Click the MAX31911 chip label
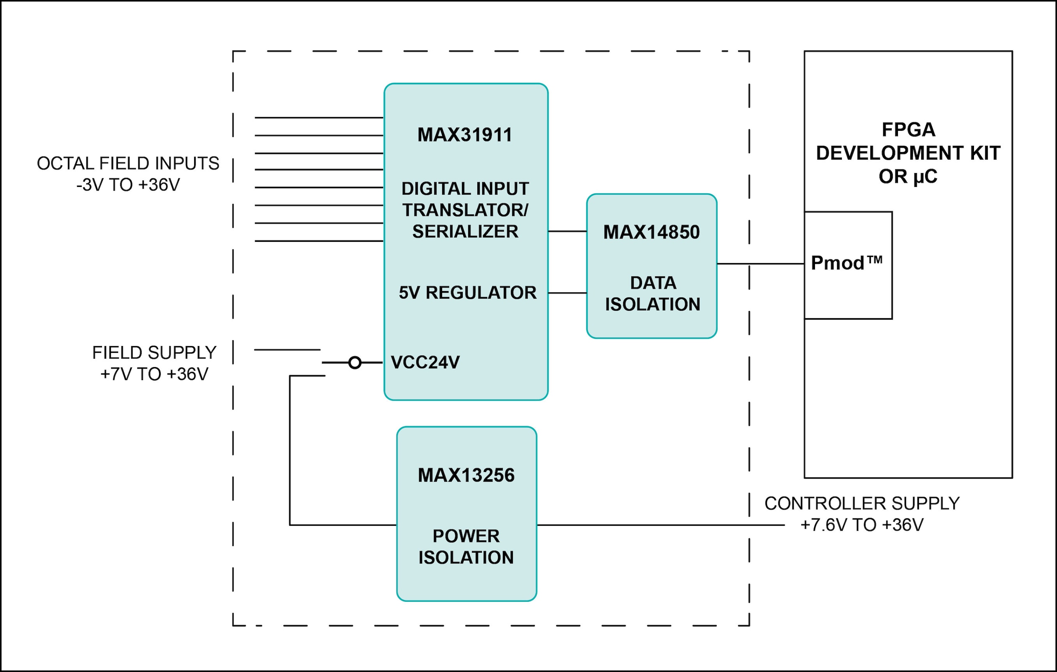point(465,135)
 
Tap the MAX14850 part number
point(652,232)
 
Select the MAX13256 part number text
point(466,476)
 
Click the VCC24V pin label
point(425,362)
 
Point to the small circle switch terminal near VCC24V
point(355,362)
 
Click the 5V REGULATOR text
point(467,293)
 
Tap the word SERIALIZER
point(465,231)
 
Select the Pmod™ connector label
point(846,263)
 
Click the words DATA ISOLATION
point(652,293)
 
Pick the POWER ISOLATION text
point(466,547)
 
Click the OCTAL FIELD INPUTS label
point(128,163)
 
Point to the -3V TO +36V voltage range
point(128,185)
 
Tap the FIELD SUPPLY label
point(154,353)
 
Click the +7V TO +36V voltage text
point(154,374)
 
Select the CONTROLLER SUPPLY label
point(862,504)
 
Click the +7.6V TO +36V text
point(862,525)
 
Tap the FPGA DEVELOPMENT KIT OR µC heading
point(908,153)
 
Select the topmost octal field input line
point(319,118)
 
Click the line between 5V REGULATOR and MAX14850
point(567,293)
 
